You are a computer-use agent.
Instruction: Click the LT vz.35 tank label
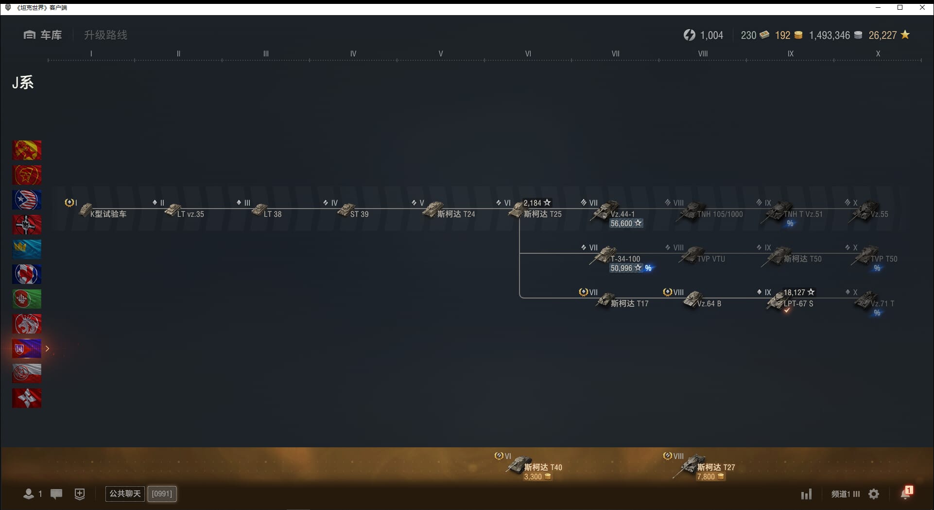pos(190,214)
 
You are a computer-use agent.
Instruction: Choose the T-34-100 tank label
pos(625,259)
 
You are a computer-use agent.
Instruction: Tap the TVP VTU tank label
pos(711,259)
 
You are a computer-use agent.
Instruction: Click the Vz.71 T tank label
pos(882,304)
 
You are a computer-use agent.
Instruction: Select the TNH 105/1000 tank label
pos(720,214)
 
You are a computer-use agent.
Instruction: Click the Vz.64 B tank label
pos(709,304)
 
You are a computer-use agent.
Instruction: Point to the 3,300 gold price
pos(533,477)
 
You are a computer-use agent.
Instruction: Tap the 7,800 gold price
pos(706,477)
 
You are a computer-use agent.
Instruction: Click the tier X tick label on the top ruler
pos(878,54)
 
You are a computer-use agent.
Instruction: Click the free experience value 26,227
pos(882,35)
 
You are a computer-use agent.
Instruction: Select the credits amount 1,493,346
pos(830,35)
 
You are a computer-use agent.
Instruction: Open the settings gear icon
pos(874,494)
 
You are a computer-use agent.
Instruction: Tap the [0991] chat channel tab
pos(162,494)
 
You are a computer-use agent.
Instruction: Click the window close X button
pos(922,7)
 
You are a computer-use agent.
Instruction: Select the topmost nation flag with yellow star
pos(27,150)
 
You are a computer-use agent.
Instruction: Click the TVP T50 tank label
pos(884,259)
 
